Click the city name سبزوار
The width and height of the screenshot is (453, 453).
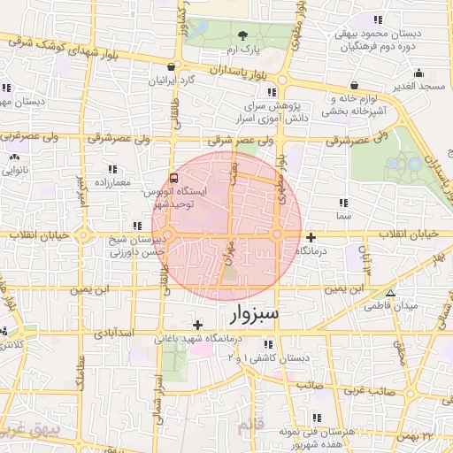[242, 313]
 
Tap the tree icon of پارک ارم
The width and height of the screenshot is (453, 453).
[244, 36]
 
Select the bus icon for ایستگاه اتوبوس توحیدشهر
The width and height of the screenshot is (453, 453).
[173, 177]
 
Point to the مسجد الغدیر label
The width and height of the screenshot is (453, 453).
[418, 86]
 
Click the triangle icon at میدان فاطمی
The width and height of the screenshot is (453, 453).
[391, 293]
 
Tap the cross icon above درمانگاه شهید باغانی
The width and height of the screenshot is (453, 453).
[197, 325]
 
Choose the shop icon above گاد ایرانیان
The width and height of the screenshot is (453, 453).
[171, 66]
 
